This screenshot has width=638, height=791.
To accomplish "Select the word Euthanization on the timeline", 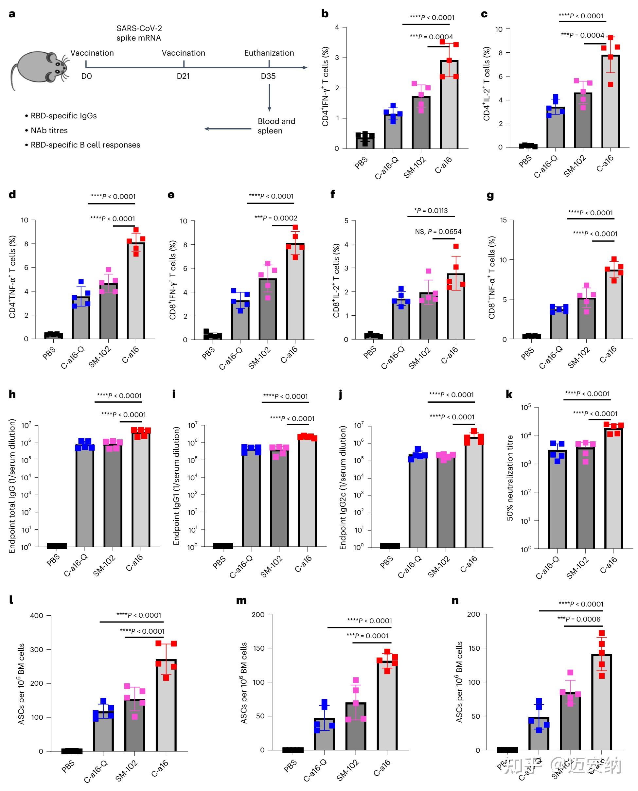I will pos(269,53).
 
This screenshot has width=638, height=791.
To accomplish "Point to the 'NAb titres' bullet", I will pos(49,131).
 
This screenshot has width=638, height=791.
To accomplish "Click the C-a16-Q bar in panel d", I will pos(81,318).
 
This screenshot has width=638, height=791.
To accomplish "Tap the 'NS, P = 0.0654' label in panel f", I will pos(438,232).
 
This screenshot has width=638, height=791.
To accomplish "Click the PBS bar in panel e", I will pos(213,336).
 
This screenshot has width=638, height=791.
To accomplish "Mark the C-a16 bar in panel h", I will pos(141,489).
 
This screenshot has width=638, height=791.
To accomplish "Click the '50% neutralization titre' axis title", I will pos(510,478).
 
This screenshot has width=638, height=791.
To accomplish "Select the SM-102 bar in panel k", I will pos(585,498).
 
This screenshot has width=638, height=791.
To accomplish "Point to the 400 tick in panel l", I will pos(37,615).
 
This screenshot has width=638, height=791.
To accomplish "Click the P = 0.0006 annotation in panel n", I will pos(578,619).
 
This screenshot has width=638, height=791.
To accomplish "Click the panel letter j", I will pos(340,395).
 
